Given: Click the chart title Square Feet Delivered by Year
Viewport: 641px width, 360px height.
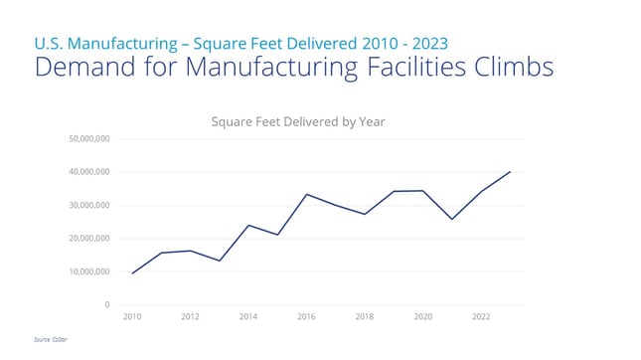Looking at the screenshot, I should (297, 121).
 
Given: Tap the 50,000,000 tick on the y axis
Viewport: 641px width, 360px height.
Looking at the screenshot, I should (88, 139).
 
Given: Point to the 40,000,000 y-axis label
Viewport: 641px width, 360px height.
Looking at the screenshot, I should (88, 172).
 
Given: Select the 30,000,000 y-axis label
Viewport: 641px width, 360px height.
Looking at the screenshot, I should (88, 205).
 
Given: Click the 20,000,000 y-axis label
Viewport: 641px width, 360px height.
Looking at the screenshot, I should (88, 239).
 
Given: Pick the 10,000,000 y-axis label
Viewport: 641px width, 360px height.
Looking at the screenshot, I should (88, 271).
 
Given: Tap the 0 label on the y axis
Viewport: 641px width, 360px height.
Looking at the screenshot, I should (106, 304).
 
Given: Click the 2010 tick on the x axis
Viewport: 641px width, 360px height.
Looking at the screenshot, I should (132, 317).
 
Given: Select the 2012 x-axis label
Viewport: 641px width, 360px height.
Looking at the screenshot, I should (190, 317).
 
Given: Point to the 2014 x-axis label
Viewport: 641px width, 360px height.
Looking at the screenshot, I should (248, 317).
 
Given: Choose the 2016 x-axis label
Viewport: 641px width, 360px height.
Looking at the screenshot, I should (306, 317).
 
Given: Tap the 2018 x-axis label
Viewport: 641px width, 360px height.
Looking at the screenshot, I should (365, 317).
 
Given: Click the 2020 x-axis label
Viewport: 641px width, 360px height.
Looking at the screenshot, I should (422, 317).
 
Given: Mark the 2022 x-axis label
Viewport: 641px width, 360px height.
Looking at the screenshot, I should (481, 317).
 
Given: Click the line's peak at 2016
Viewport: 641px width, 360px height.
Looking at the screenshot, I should (306, 194).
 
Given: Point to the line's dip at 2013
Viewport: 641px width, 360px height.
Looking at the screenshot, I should (220, 261).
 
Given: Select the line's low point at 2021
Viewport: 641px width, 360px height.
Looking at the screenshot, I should (452, 219).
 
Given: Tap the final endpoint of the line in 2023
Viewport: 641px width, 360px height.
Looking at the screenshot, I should (510, 172).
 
